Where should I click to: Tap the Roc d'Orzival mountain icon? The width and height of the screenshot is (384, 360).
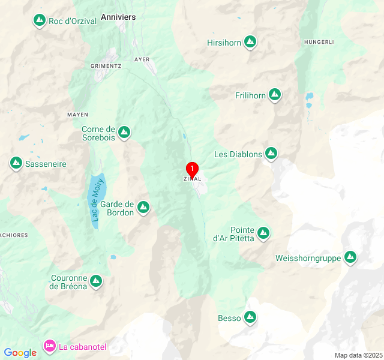point(40,21)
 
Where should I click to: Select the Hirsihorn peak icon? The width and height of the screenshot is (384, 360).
point(250,42)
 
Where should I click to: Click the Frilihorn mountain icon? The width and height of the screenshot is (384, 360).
point(275,94)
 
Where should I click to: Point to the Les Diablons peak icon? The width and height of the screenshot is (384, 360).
point(271,154)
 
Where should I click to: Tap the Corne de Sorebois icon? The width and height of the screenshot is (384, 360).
point(124,132)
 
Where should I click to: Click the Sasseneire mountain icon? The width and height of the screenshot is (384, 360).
point(16,163)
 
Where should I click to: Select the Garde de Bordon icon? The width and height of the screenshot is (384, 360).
point(143,208)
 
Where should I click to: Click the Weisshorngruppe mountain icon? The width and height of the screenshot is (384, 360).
point(350,258)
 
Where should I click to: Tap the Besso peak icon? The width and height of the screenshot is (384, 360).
point(250,317)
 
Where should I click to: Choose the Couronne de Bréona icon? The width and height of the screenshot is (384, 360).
point(96,281)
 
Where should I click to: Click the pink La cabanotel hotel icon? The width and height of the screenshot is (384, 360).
point(50,346)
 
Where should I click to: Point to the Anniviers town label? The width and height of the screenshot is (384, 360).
point(118,17)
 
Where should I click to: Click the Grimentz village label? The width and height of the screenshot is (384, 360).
point(106,65)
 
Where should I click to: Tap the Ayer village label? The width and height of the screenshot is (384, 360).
point(142,59)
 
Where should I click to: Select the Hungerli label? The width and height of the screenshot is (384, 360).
point(318,41)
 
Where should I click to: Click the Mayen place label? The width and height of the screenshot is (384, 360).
point(78,114)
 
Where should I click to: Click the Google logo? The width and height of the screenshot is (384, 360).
point(20,353)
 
